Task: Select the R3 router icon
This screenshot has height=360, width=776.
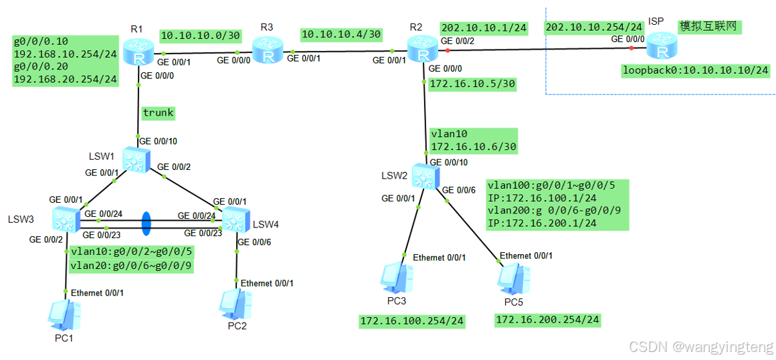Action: [x=268, y=51]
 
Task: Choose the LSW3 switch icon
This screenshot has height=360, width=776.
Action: [x=65, y=218]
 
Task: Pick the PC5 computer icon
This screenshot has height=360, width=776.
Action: [x=513, y=278]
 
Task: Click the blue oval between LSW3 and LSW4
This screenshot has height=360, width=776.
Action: [x=147, y=223]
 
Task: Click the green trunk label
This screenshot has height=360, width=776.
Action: [x=158, y=112]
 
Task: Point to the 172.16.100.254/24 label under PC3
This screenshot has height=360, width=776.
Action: [x=412, y=322]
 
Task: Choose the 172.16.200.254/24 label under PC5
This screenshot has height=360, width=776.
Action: [x=547, y=320]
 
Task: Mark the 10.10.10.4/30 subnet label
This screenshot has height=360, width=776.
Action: [x=341, y=33]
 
